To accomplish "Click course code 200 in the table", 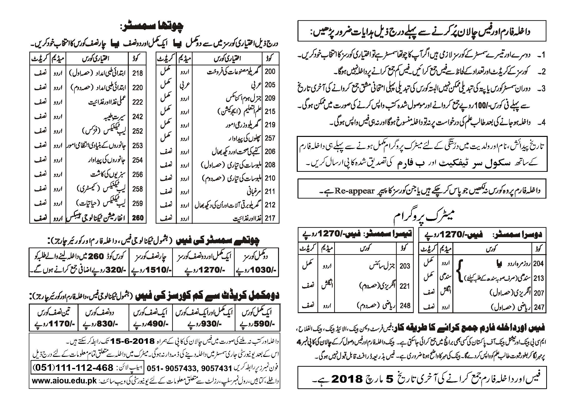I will [x=270, y=72].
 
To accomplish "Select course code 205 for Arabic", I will [x=270, y=85].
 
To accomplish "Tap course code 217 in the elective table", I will [x=270, y=218].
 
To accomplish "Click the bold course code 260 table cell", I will [x=138, y=218].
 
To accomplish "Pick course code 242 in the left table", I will [x=138, y=116].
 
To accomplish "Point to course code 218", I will [x=138, y=73].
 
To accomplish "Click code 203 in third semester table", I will [x=405, y=266].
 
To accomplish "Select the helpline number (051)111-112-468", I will [x=74, y=368].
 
